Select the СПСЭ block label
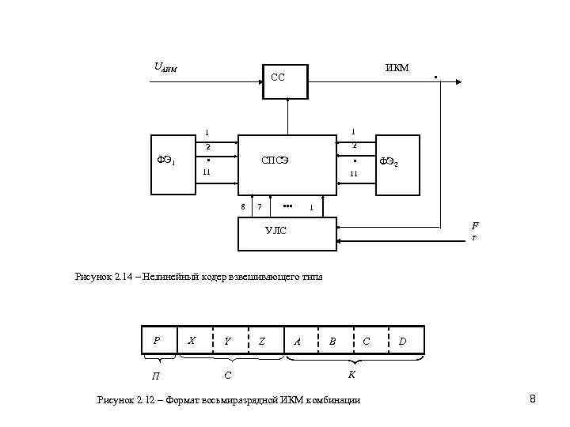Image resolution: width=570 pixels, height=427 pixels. coord(275,161)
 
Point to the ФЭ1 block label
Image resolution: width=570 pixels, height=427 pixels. coord(166,161)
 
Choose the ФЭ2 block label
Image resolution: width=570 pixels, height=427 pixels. coord(389,162)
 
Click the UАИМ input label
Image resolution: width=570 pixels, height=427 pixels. coord(165,68)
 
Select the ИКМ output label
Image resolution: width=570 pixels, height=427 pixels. coord(397,68)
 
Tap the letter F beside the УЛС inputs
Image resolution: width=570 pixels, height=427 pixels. coord(474,225)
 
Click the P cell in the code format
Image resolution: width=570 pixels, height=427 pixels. coord(158,340)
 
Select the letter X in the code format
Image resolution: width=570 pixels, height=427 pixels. coord(191,340)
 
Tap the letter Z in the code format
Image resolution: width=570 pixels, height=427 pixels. coord(261,342)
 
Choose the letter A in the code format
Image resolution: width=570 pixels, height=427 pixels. coord(297,342)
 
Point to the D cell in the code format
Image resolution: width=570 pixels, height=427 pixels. coord(404,342)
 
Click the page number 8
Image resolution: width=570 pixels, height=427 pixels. coord(533,399)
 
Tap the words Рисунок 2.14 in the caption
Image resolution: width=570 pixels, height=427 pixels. coord(102,277)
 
